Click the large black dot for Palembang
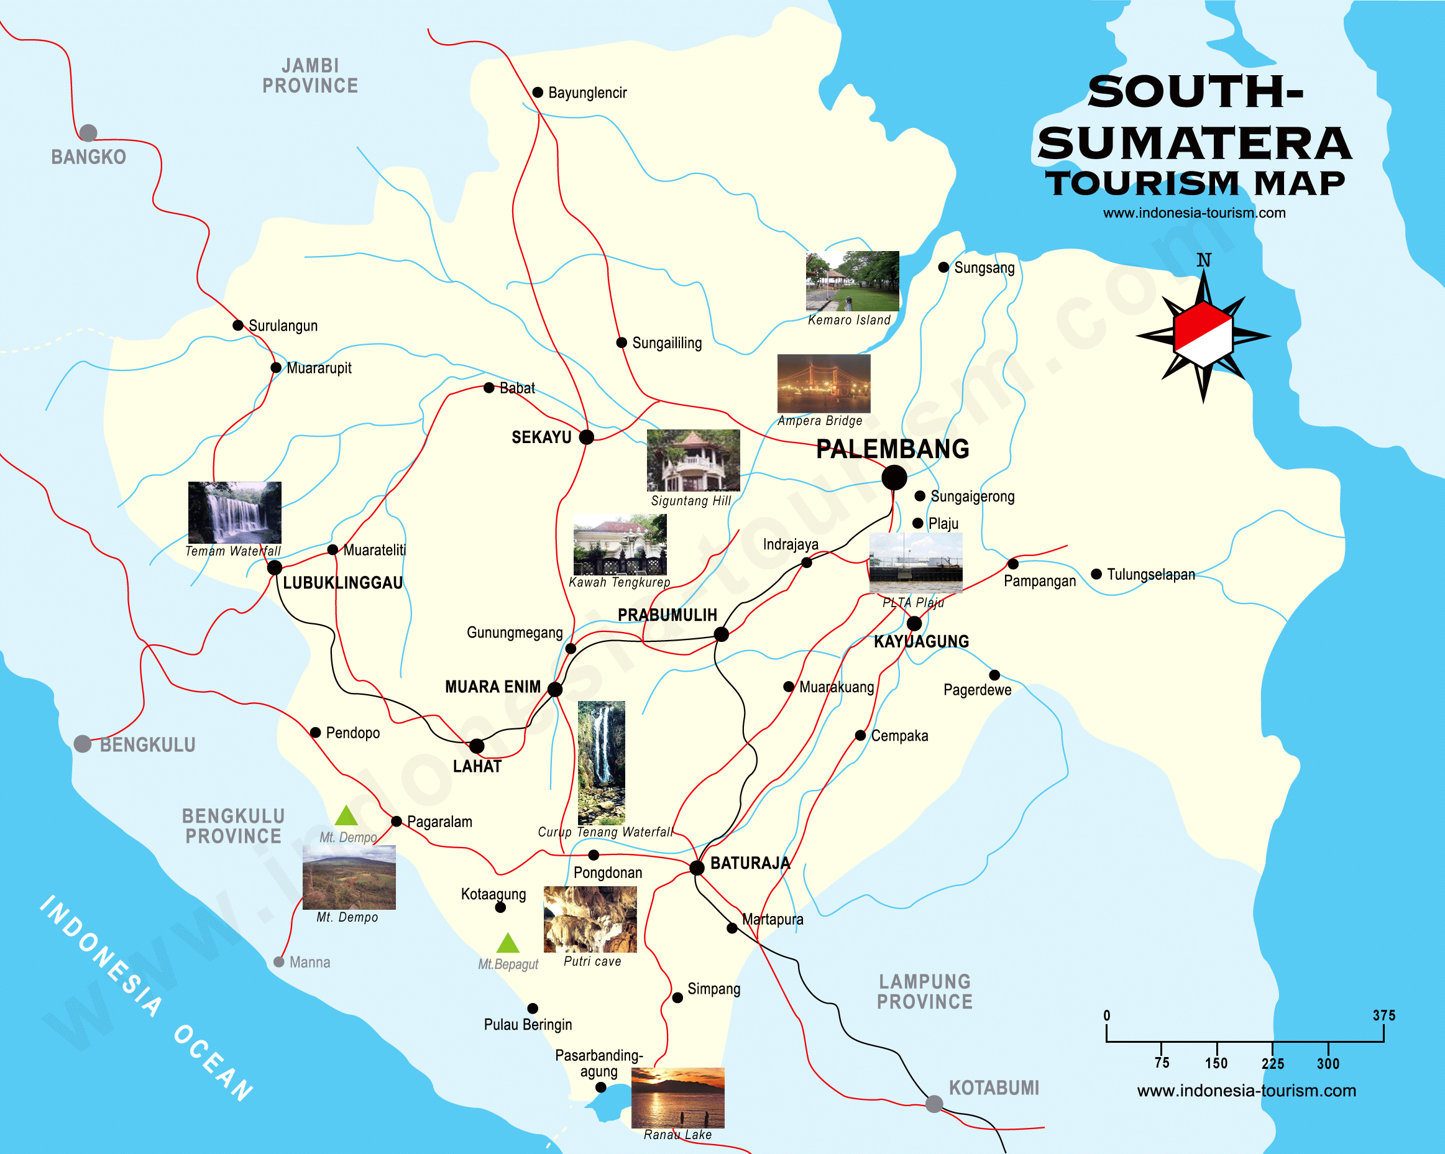tap(894, 478)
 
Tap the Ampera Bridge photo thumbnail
tap(823, 383)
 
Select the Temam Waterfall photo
tap(234, 512)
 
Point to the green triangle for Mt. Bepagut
tap(508, 943)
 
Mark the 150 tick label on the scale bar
tap(1216, 1063)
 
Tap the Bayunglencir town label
tap(587, 93)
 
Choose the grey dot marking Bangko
tap(88, 133)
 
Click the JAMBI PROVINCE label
tap(310, 76)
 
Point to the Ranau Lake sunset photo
tap(677, 1097)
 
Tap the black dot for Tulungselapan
tap(1096, 574)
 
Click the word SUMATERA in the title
tap(1195, 144)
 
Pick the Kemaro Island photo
tap(853, 281)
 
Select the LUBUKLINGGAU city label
tap(342, 583)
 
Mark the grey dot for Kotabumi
tap(934, 1104)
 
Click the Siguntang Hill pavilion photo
tap(693, 460)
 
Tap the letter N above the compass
tap(1204, 260)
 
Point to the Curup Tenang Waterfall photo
tap(601, 762)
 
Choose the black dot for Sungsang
tap(943, 267)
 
